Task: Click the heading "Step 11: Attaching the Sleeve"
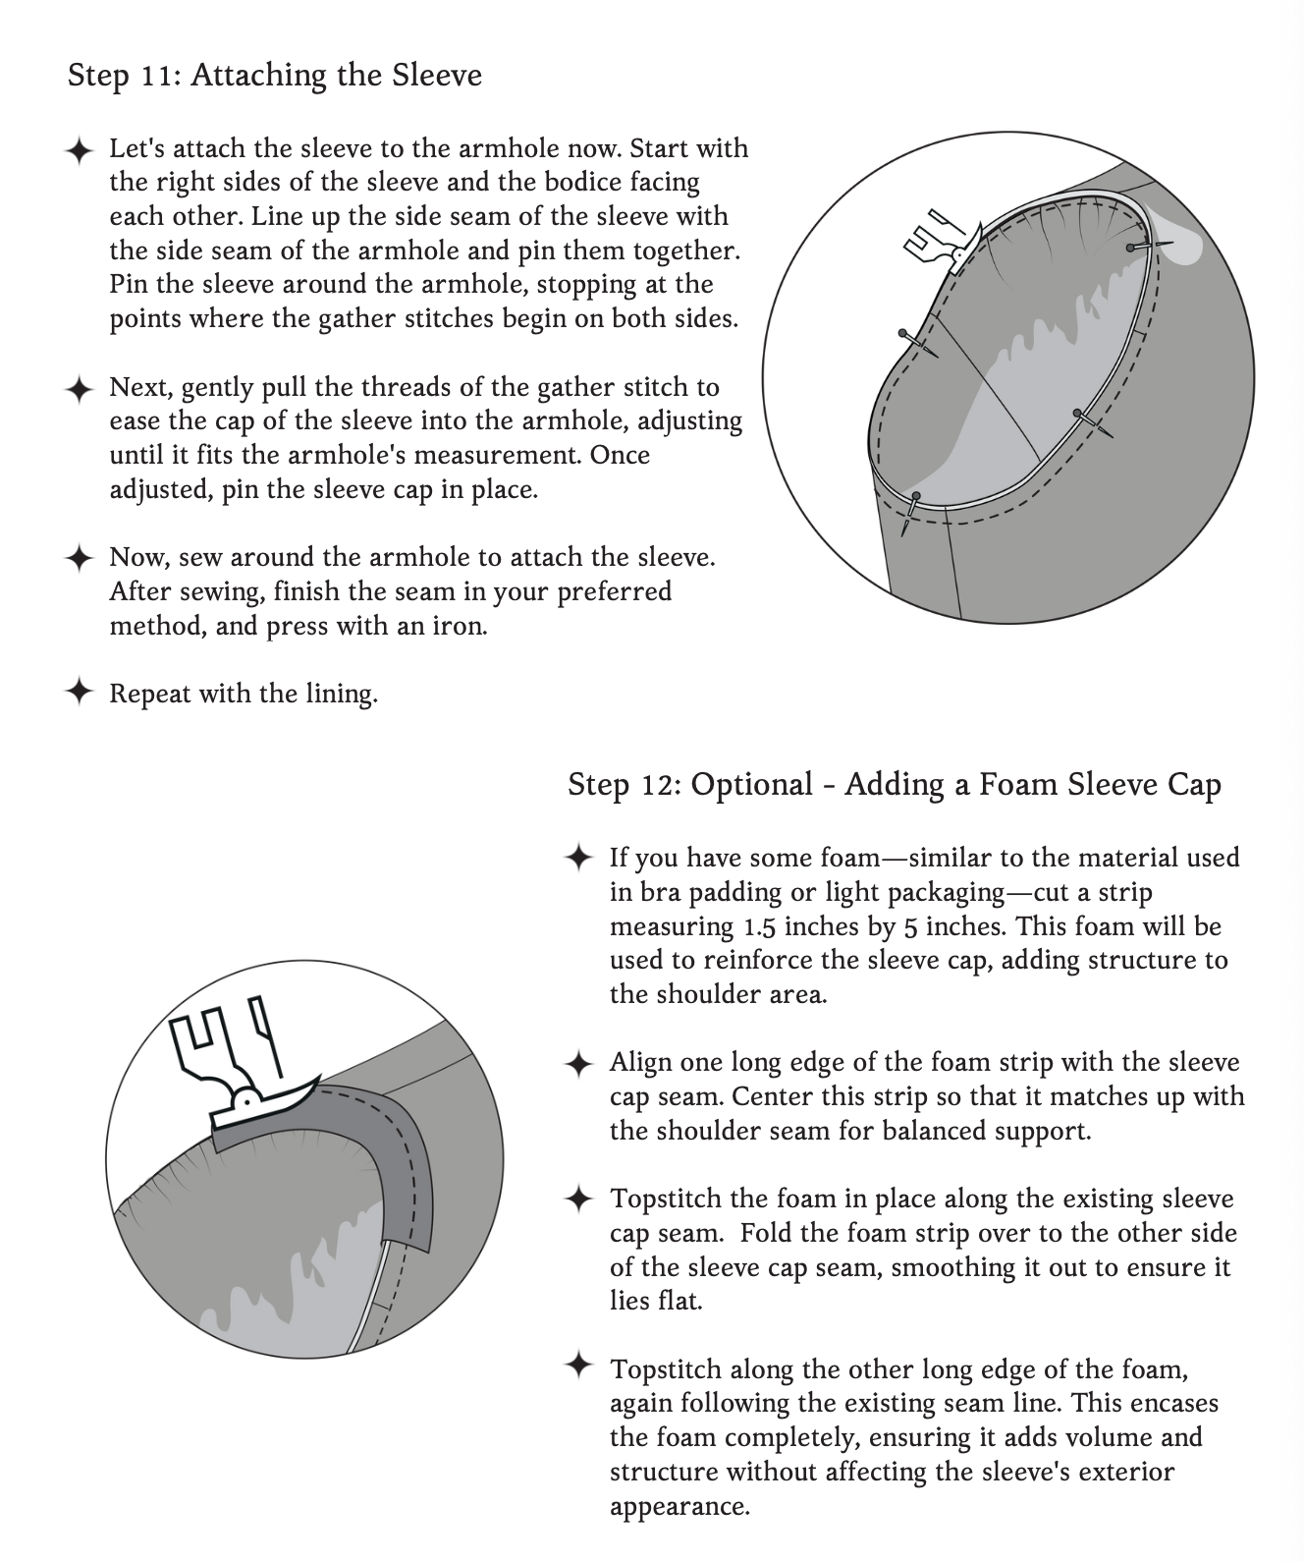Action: (275, 76)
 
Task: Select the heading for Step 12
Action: (894, 784)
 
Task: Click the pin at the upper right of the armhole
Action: (1139, 246)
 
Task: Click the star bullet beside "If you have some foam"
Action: (578, 858)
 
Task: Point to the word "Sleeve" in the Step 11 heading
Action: (438, 76)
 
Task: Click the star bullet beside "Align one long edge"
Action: (578, 1062)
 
